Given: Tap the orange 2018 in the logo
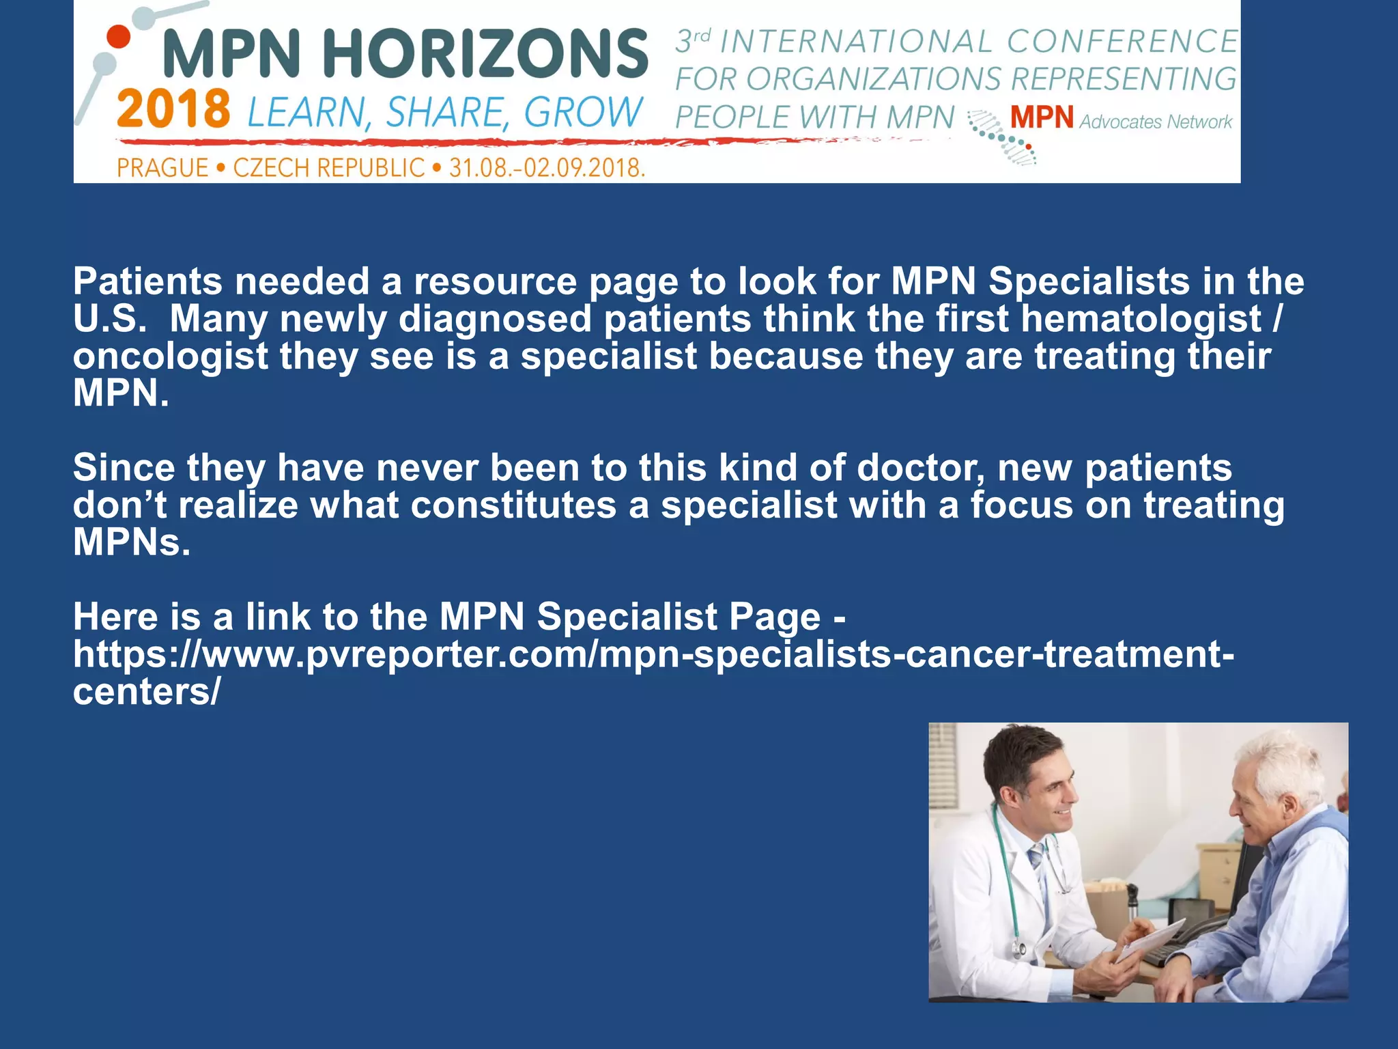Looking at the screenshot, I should click(x=173, y=109).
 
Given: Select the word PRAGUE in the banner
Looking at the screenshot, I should click(x=162, y=167).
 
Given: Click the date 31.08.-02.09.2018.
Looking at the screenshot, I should click(x=547, y=167).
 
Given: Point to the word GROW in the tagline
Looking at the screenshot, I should click(x=584, y=112).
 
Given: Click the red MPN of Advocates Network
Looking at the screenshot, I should click(x=1042, y=117).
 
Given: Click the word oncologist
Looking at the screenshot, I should click(x=171, y=356).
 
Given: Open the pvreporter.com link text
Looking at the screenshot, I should click(x=653, y=654).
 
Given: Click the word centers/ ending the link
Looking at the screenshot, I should click(x=146, y=692).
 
